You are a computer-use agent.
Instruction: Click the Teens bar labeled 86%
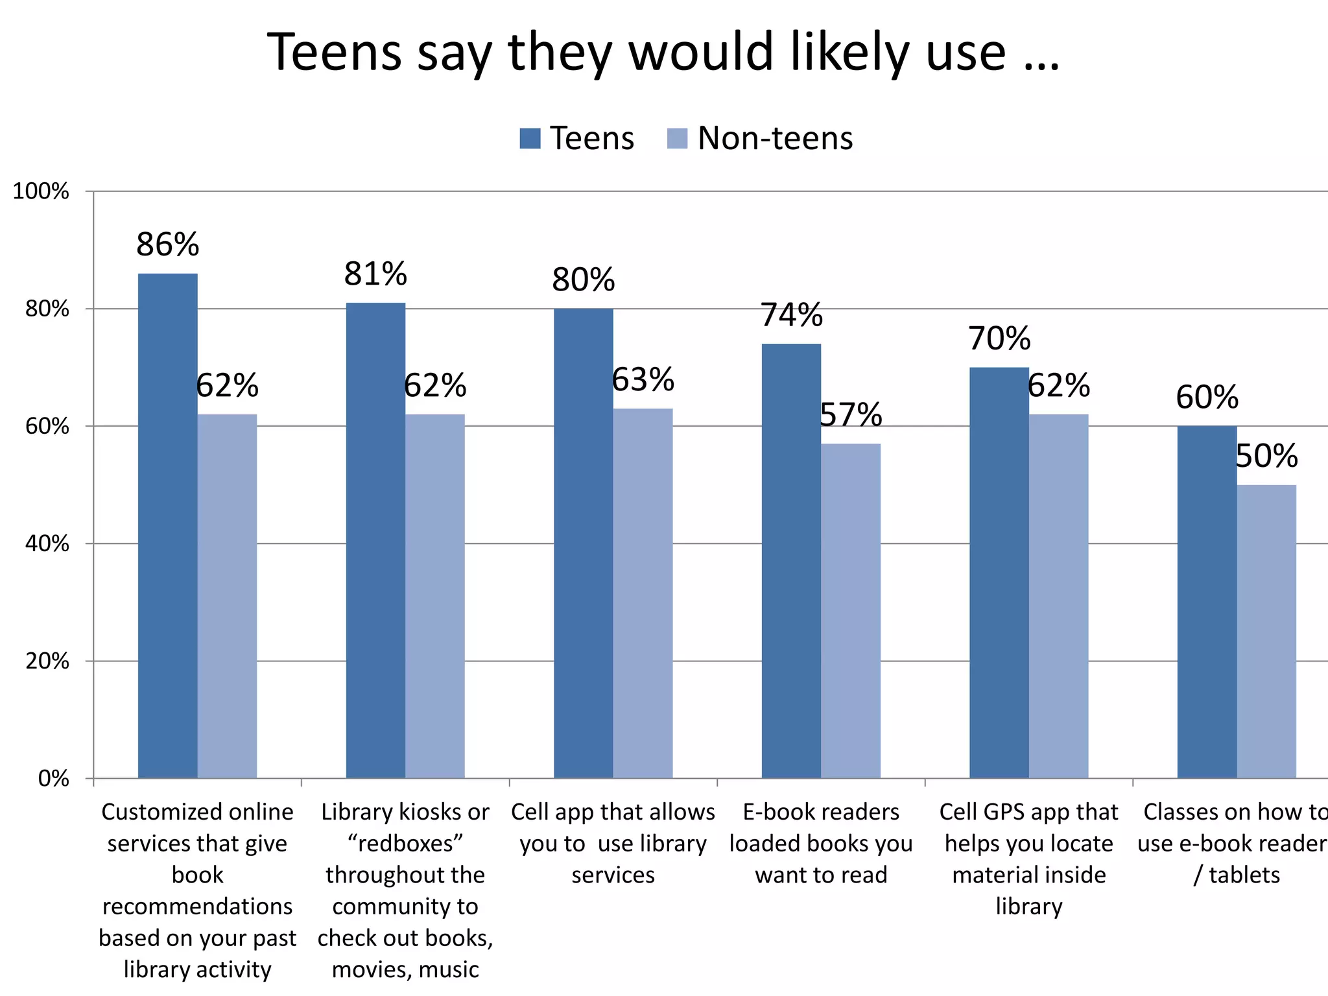(x=167, y=525)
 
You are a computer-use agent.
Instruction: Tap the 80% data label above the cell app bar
(x=583, y=280)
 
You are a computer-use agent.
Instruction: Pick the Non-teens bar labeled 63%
(x=643, y=593)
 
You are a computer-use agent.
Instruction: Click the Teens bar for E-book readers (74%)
(x=791, y=560)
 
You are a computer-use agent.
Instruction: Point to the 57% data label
(x=850, y=415)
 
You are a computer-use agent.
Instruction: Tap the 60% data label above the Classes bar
(x=1207, y=397)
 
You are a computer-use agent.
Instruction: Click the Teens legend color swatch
(x=530, y=139)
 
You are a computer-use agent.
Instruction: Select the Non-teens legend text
(x=775, y=139)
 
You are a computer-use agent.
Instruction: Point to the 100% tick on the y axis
(x=41, y=191)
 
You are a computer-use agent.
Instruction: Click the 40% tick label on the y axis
(x=47, y=543)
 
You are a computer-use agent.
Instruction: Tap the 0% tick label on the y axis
(x=54, y=778)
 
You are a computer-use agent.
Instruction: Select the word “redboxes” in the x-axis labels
(x=405, y=844)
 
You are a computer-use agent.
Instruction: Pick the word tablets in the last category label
(x=1244, y=875)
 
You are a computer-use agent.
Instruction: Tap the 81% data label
(x=375, y=274)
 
